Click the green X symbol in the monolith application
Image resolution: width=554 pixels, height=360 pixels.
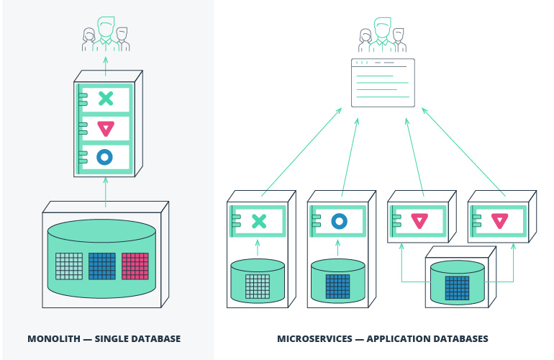point(106,99)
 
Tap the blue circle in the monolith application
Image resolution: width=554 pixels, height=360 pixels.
point(105,157)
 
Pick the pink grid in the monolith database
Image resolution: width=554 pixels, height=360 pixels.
point(135,266)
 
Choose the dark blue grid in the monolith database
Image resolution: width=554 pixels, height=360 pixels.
point(102,266)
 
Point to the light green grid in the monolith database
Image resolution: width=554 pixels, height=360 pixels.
point(69,266)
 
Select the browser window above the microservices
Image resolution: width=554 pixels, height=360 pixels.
point(383,83)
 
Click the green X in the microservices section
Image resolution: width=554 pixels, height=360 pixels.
point(259,221)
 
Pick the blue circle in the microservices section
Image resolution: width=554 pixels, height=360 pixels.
point(340,221)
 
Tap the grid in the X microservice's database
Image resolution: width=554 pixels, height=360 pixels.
point(258,286)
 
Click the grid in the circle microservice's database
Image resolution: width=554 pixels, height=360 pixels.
point(337,286)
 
